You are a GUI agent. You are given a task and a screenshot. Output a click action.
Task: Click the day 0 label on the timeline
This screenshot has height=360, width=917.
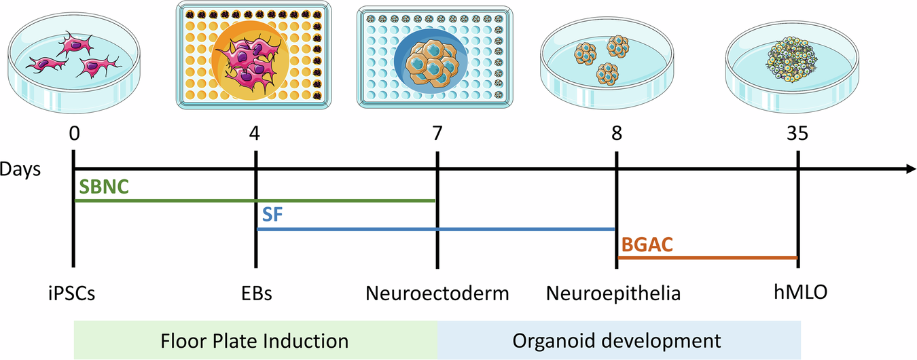(74, 134)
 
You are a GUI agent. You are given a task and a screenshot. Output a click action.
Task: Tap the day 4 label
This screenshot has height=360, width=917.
(255, 134)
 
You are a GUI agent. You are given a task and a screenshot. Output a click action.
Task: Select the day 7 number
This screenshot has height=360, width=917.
(437, 134)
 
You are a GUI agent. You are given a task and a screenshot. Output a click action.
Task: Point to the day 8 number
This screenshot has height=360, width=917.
(617, 134)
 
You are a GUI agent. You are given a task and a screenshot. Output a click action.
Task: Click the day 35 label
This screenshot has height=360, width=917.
(797, 134)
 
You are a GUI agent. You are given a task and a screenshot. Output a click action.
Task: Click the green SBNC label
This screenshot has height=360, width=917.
(104, 187)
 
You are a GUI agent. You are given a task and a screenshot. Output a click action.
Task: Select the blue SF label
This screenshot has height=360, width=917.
(272, 215)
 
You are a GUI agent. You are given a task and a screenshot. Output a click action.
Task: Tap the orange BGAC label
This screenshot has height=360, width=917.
(647, 245)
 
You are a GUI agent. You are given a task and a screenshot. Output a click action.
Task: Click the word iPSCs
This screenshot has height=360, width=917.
(71, 293)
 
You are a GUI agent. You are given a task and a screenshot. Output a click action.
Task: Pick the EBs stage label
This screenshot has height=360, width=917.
(257, 293)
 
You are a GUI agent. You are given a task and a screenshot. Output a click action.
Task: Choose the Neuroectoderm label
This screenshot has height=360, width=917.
(437, 293)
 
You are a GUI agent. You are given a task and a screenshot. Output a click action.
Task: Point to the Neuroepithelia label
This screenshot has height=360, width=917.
(613, 293)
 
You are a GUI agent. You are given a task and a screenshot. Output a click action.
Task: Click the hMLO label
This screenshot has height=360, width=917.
(801, 292)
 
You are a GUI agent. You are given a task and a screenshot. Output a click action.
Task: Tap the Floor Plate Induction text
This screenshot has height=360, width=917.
(254, 341)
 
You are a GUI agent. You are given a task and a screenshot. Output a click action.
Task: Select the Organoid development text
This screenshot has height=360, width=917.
(617, 341)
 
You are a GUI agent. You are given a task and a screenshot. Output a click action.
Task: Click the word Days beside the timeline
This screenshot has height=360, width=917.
(20, 169)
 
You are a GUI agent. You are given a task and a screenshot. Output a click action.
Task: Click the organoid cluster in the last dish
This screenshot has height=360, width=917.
(792, 60)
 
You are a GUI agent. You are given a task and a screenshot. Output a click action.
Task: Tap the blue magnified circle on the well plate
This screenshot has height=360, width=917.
(431, 61)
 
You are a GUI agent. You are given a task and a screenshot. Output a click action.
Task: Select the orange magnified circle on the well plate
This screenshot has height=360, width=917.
(251, 60)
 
